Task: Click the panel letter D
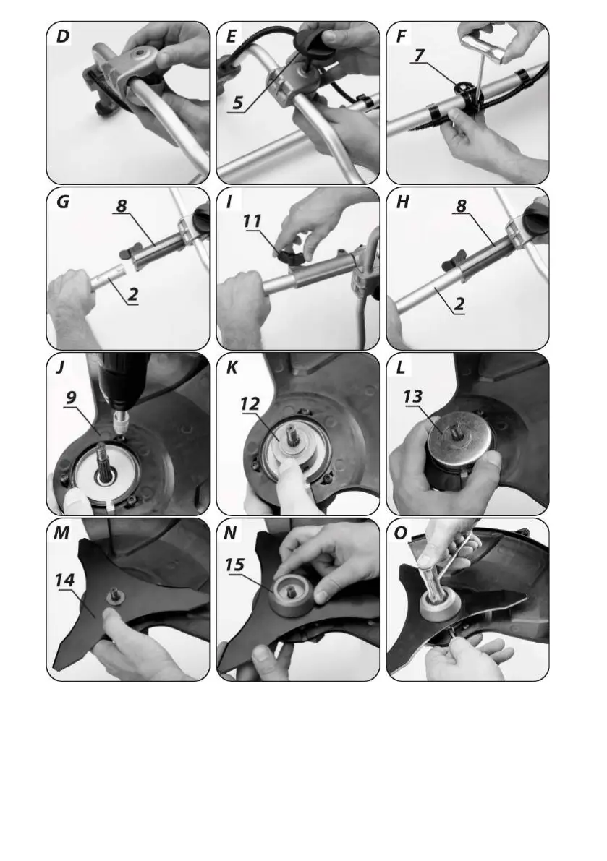tap(63, 36)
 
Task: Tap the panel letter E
tap(232, 36)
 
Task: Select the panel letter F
tap(402, 36)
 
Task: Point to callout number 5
tap(237, 103)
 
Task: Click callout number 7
tap(419, 56)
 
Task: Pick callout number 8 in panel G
tap(122, 205)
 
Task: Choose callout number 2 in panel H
tap(459, 304)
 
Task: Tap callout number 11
tap(252, 221)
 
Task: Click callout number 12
tap(250, 404)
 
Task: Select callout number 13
tap(412, 396)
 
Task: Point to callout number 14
tap(64, 581)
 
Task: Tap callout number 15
tap(234, 564)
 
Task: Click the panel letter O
tap(401, 532)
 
